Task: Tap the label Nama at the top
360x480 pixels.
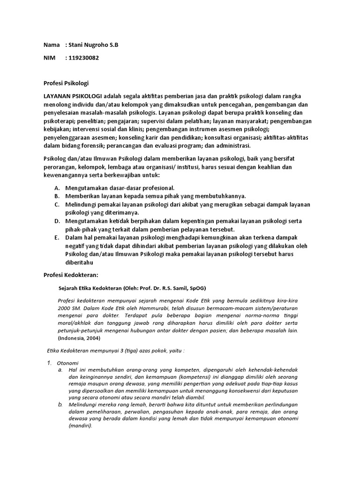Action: point(52,45)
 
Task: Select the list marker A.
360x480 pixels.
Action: point(56,187)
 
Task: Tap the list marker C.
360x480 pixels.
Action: point(56,205)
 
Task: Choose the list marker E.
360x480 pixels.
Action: point(56,238)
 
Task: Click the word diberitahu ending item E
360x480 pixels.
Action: point(80,263)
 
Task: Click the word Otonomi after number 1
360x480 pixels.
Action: point(67,363)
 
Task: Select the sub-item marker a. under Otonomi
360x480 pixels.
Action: point(60,370)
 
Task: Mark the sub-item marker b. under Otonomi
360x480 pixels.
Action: point(60,404)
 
